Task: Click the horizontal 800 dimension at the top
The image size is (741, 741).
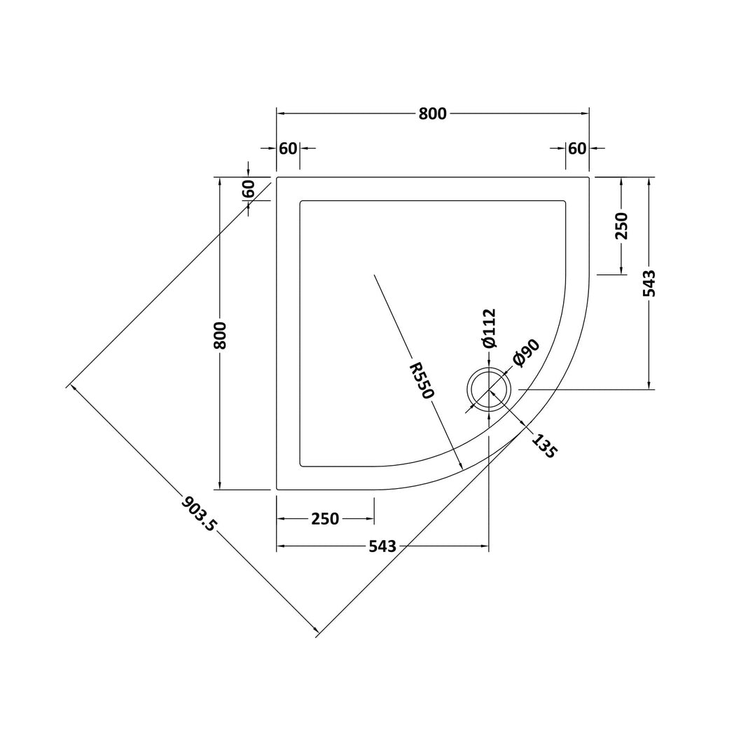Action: pyautogui.click(x=432, y=114)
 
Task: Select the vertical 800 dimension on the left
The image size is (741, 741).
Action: pyautogui.click(x=220, y=335)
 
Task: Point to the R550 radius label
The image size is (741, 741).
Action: pyautogui.click(x=421, y=380)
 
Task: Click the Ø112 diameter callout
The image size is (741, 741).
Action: pyautogui.click(x=490, y=328)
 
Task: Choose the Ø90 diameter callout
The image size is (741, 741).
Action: pyautogui.click(x=526, y=353)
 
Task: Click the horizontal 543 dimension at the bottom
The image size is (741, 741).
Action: pyautogui.click(x=382, y=546)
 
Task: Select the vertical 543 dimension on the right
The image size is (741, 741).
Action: pyautogui.click(x=650, y=283)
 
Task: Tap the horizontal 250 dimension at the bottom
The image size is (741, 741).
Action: pyautogui.click(x=326, y=519)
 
